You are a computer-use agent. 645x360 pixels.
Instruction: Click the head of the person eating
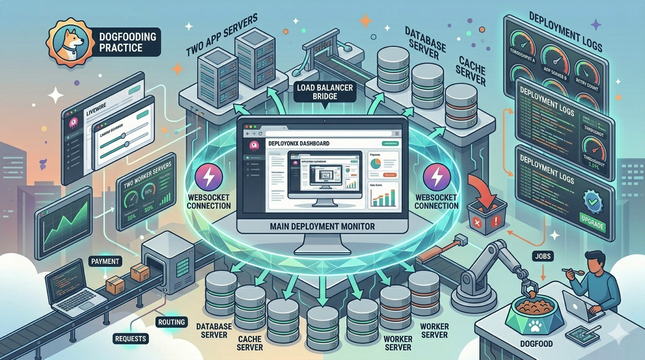click(x=596, y=263)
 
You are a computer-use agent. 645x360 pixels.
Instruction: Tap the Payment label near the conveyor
click(x=106, y=261)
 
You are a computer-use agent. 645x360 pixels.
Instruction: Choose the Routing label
click(x=172, y=322)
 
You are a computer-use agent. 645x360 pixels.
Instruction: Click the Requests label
click(x=131, y=339)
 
